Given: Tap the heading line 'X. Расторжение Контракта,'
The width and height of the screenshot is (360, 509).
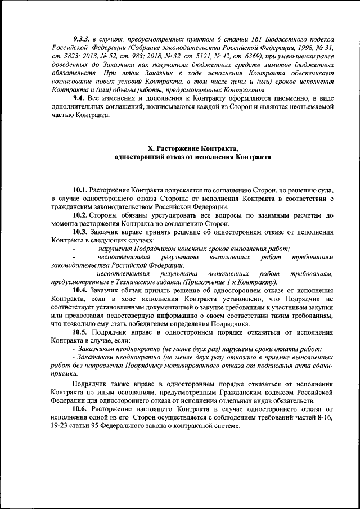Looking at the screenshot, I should (x=192, y=148).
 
